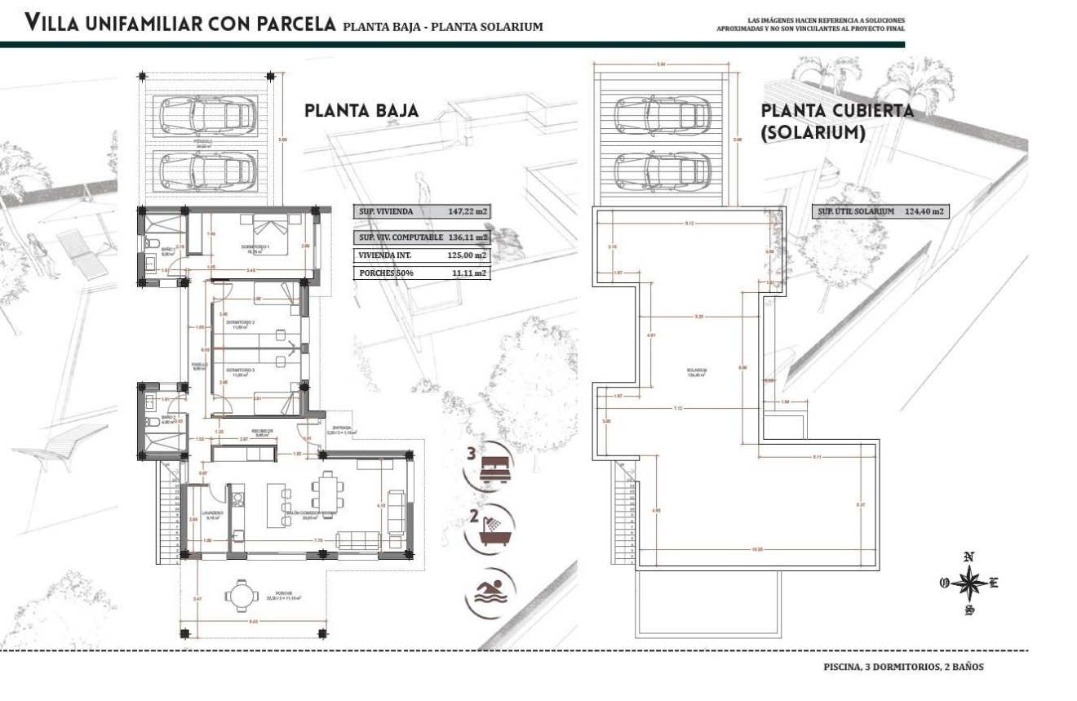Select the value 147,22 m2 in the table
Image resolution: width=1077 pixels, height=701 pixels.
(468, 211)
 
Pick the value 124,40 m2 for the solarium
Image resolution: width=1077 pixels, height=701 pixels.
(924, 211)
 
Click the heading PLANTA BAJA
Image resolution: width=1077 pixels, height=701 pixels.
(361, 111)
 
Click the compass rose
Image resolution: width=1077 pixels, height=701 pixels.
(968, 584)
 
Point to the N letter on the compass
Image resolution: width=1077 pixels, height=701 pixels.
(969, 557)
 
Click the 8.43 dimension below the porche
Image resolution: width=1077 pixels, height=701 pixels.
(255, 623)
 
